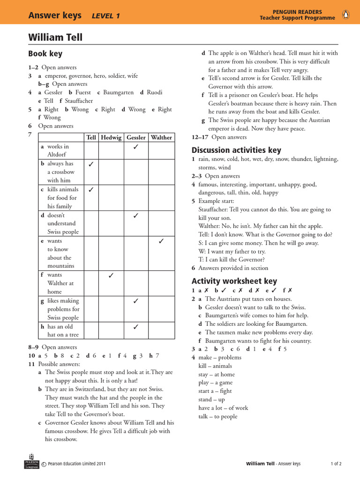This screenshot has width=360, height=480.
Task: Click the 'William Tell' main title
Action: point(55,37)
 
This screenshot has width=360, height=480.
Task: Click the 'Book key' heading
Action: point(45,54)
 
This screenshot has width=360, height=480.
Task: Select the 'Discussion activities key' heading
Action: point(236,150)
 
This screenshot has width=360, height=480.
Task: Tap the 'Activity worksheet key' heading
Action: point(234,281)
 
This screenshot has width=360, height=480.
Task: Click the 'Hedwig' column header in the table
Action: point(111,137)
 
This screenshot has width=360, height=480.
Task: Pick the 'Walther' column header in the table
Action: point(161,137)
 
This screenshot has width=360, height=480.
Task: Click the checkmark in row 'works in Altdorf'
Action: point(136,147)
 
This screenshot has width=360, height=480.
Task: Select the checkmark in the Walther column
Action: point(161,241)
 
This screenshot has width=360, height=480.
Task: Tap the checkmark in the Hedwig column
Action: point(111,276)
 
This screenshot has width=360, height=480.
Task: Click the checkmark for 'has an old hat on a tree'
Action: point(136,327)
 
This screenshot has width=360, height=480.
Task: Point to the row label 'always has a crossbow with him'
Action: point(60,172)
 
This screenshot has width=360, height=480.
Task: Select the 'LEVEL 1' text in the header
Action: point(106,16)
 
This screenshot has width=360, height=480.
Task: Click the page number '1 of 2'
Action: point(336,464)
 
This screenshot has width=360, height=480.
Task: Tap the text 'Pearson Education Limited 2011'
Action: point(76,464)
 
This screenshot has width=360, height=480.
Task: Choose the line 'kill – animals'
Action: point(215,366)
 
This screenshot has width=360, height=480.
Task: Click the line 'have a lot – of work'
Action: point(223,408)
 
